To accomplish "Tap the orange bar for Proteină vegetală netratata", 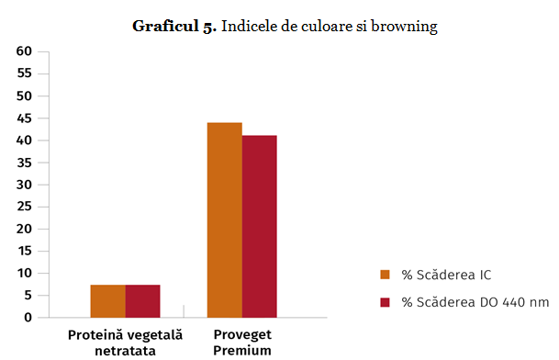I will [107, 301].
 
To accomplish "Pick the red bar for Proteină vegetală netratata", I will [142, 301].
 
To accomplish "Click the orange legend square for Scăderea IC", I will [386, 274].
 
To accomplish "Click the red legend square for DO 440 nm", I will [386, 302].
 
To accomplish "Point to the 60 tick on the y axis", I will [25, 51].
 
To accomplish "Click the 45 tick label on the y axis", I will [25, 118].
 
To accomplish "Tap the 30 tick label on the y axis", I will [25, 185].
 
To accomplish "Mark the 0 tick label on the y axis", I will [28, 318].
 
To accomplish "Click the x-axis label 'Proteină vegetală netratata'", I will [125, 343].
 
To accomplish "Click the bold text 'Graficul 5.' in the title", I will [174, 27].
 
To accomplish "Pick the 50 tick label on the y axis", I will [25, 96].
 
